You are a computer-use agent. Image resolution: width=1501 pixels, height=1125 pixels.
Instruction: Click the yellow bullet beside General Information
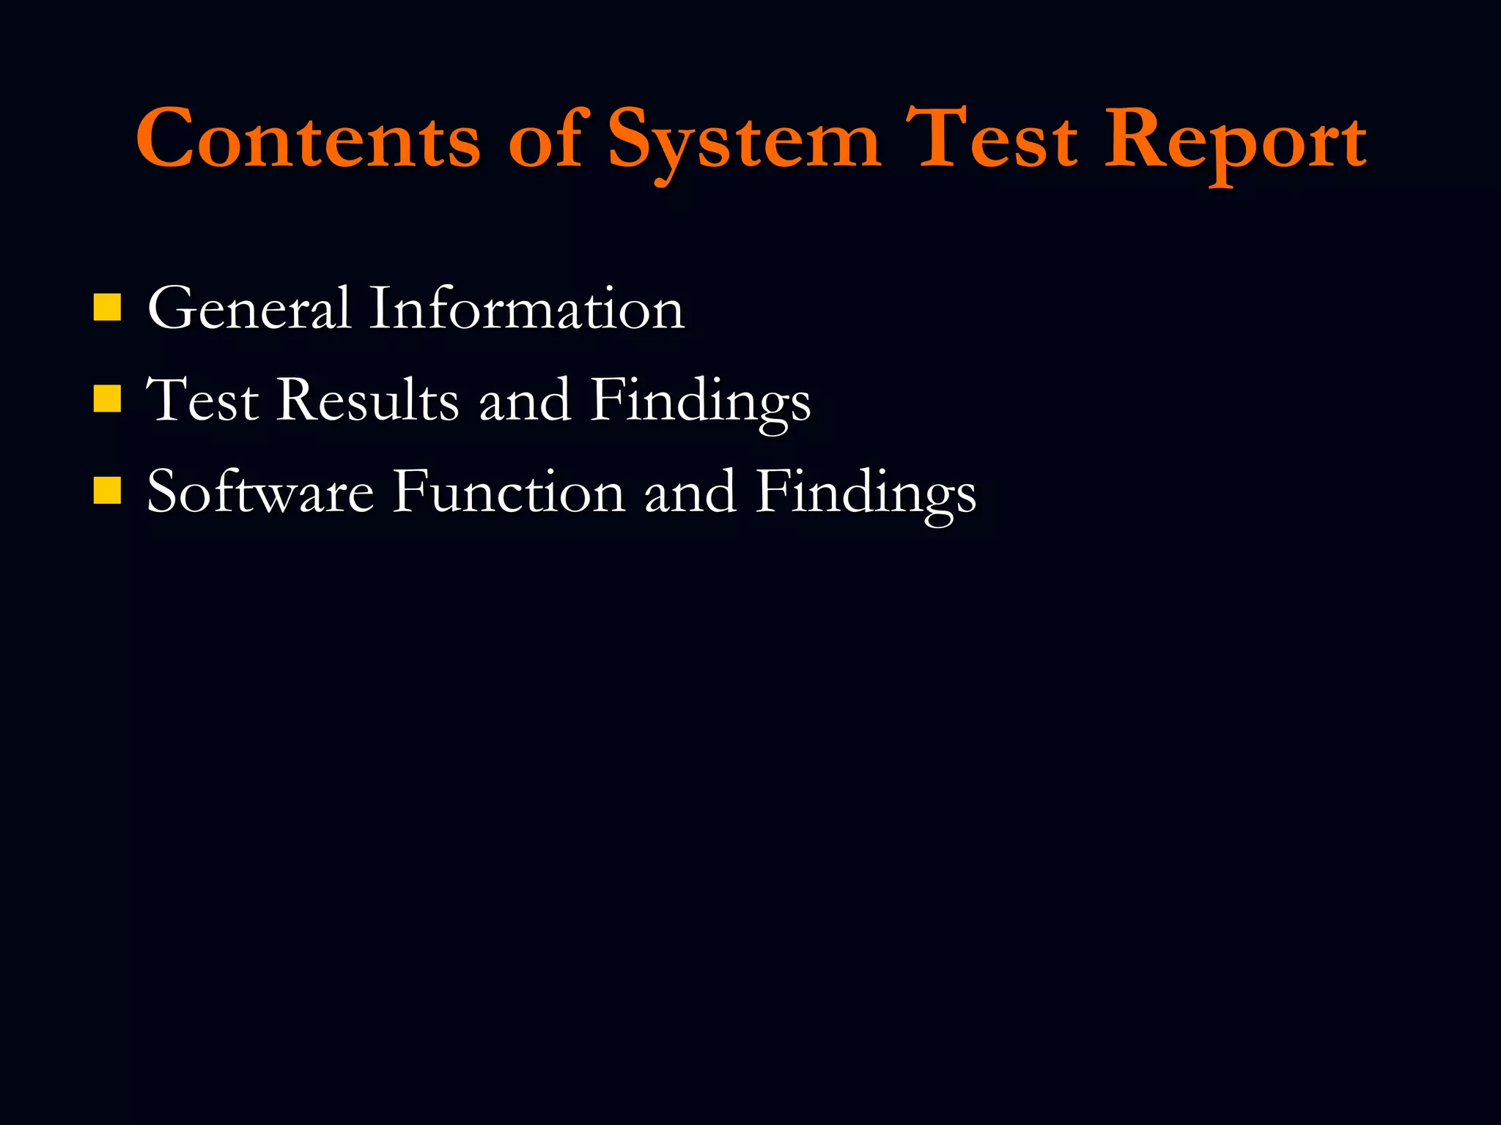(107, 308)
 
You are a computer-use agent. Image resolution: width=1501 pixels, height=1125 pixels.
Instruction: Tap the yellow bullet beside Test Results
(107, 399)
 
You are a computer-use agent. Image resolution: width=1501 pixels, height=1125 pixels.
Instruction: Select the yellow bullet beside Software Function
(107, 491)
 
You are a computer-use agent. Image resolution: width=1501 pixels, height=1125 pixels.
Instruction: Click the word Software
(260, 492)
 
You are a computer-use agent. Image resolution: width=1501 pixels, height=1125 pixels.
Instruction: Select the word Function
(509, 492)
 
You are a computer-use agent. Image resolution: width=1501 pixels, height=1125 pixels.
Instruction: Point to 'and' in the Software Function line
(690, 492)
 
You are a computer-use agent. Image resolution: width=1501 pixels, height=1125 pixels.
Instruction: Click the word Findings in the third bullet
(866, 494)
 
